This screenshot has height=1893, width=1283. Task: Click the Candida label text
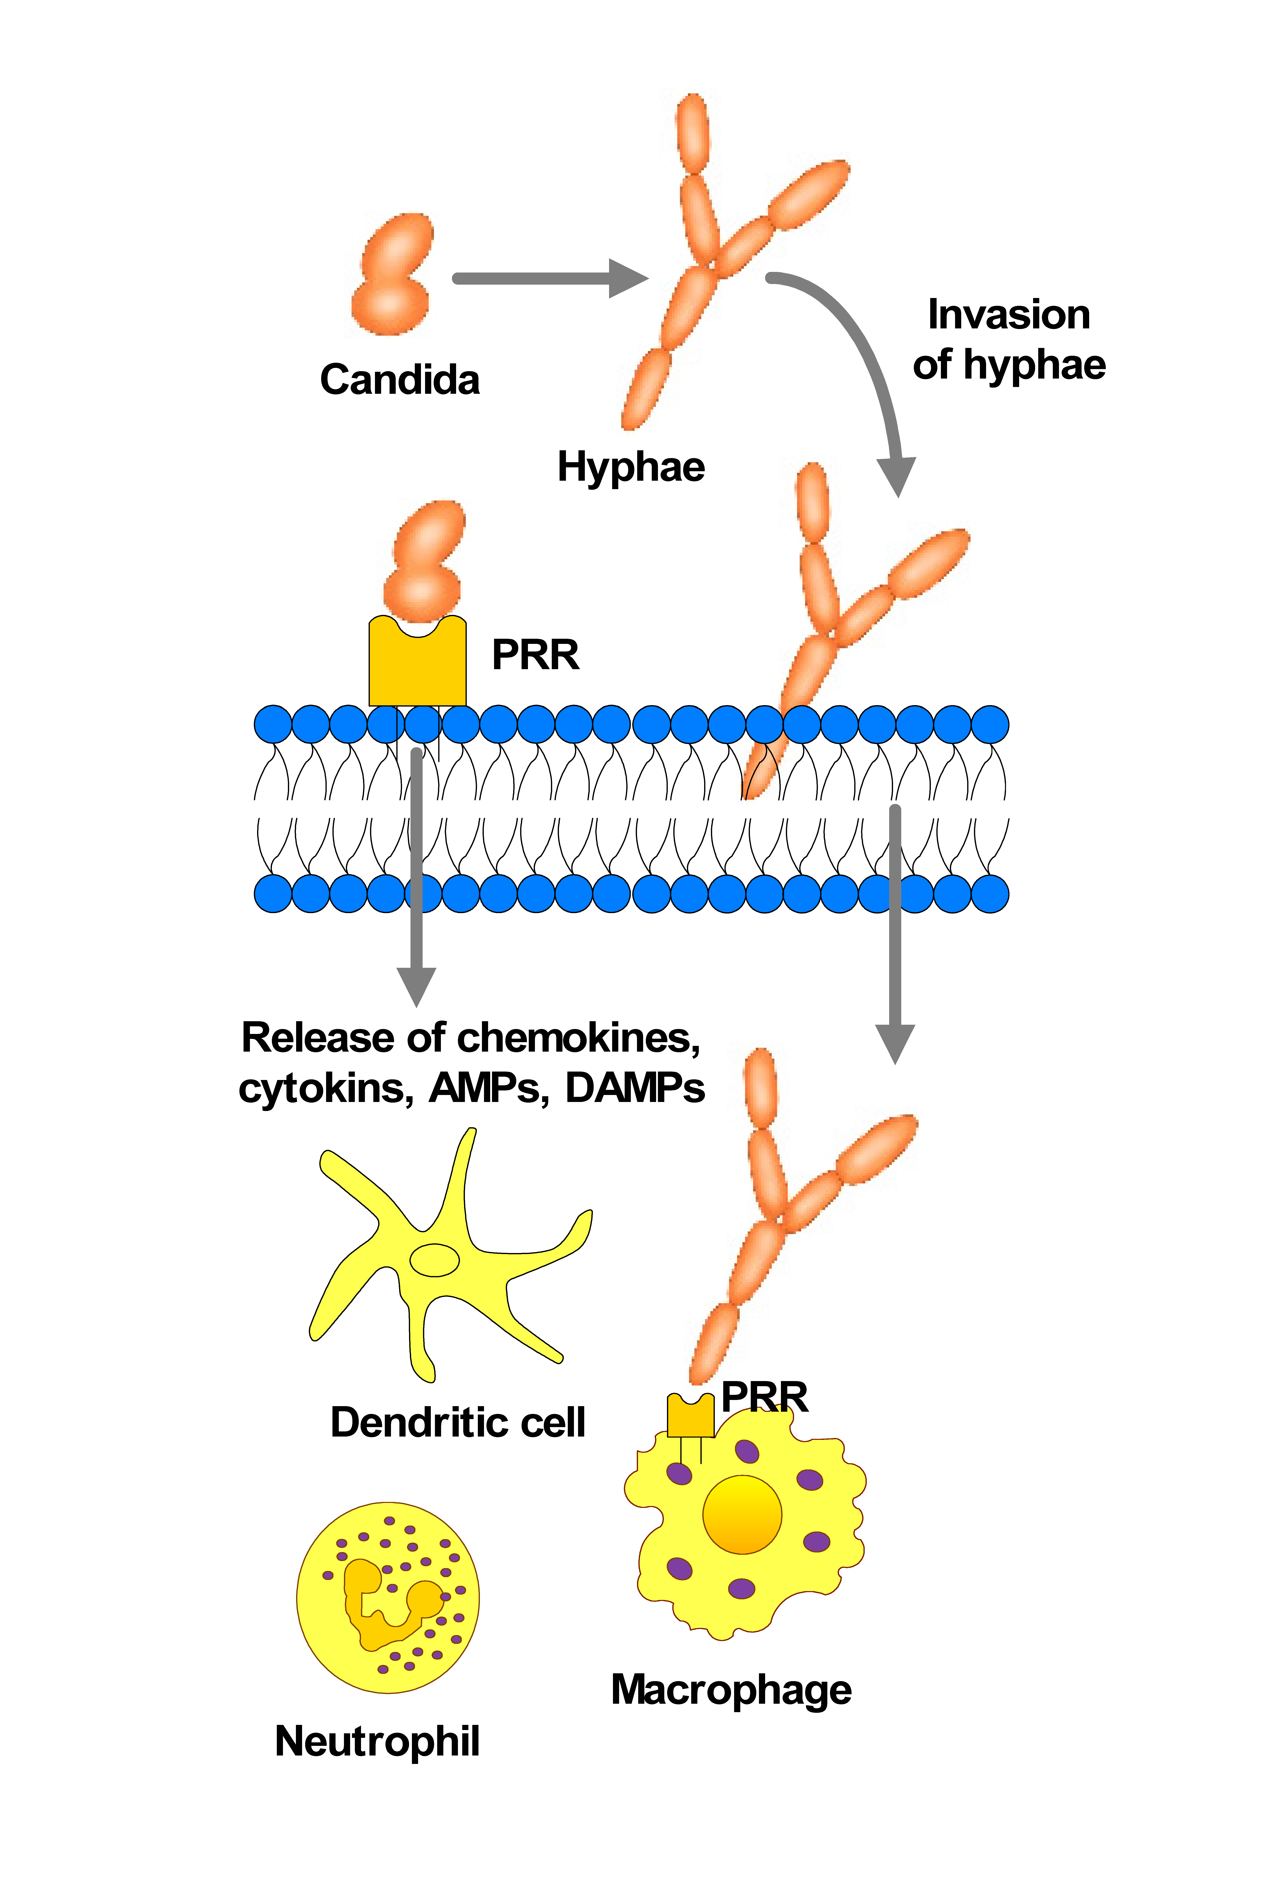pos(400,380)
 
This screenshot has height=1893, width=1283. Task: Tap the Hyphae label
pos(631,467)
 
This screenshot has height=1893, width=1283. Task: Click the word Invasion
pos(1009,314)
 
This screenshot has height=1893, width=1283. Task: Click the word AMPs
pos(487,1088)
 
